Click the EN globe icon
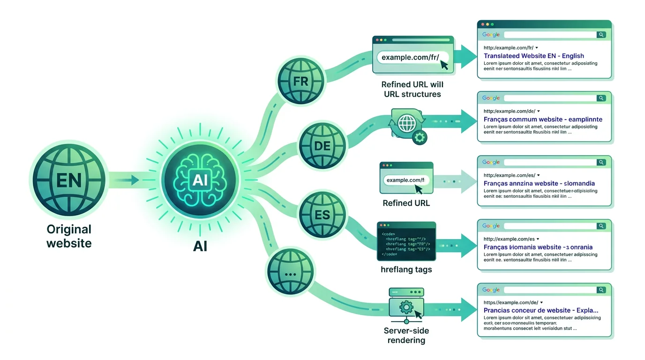click(x=69, y=180)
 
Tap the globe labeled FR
click(x=300, y=81)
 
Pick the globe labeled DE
click(x=322, y=145)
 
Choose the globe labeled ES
click(x=322, y=215)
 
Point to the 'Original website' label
click(x=69, y=236)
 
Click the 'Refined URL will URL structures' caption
click(x=412, y=90)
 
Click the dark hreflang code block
click(x=406, y=241)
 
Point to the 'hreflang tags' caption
click(x=406, y=270)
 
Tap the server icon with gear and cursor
click(x=406, y=306)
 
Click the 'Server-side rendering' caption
click(x=406, y=335)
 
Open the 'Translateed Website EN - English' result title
click(x=533, y=56)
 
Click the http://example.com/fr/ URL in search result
click(x=508, y=48)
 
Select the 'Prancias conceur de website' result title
click(x=541, y=310)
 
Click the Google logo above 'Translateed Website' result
click(x=491, y=35)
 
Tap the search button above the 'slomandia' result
click(x=601, y=162)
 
